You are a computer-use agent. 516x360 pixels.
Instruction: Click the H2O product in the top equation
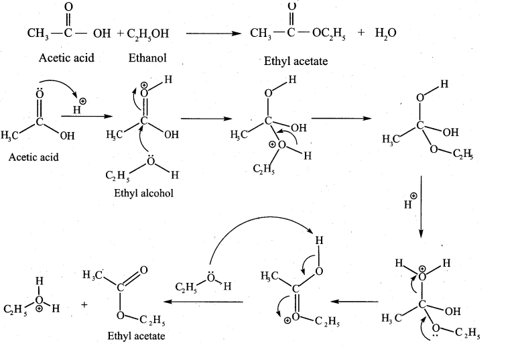coord(386,33)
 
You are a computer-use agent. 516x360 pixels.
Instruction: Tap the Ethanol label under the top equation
coord(147,58)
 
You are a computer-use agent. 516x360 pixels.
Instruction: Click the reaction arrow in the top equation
coord(214,34)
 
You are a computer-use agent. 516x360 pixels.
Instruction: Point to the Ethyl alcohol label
coord(143,193)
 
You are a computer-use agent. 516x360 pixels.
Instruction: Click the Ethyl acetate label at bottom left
coord(136,336)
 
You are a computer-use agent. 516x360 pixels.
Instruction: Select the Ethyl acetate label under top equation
coord(296,61)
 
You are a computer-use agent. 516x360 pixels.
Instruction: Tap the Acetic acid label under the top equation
coord(66,58)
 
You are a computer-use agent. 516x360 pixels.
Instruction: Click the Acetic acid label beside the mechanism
coord(34,157)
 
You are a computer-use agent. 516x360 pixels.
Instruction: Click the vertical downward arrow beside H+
coord(422,206)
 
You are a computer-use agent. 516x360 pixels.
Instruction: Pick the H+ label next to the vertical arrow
coord(410,201)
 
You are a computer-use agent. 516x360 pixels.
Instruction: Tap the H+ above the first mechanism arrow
coord(79,106)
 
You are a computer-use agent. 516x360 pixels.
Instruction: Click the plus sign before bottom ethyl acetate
coord(84,305)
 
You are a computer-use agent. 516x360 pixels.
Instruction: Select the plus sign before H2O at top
coord(361,32)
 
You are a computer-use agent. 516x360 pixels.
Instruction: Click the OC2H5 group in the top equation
coord(329,34)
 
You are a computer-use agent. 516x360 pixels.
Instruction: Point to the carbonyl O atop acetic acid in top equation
coord(68,7)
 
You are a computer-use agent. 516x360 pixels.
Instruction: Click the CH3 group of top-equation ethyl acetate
coord(261,34)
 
